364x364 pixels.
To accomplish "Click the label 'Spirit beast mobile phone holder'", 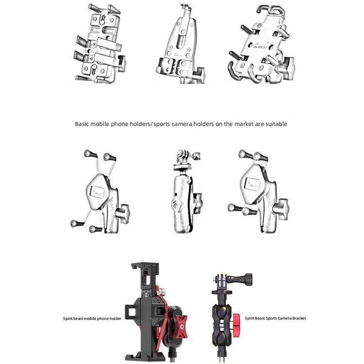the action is click(92, 318).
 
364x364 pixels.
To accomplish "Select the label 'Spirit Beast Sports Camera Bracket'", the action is click(275, 318).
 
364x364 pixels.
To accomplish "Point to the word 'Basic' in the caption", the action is click(82, 124).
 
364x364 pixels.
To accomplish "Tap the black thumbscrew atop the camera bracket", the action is click(241, 279).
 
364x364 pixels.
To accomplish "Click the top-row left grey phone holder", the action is click(99, 44).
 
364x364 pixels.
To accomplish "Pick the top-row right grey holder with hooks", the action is click(261, 44).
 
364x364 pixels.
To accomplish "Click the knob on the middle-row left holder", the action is click(122, 213).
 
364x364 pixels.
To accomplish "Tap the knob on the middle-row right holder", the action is click(281, 209).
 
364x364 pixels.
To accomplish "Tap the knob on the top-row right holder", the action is click(288, 68).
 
